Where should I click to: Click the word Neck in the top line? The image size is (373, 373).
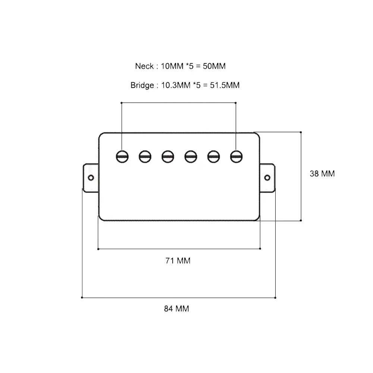[x=144, y=66]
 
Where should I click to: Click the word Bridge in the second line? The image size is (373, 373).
[x=142, y=85]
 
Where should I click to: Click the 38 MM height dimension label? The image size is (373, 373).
[x=322, y=174]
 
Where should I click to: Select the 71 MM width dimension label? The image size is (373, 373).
[x=178, y=261]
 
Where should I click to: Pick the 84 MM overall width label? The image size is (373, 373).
[x=176, y=309]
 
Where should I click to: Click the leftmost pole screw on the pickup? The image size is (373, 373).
[x=122, y=156]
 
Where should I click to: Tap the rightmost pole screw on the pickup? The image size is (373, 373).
[x=236, y=156]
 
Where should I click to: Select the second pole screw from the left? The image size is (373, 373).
[x=145, y=156]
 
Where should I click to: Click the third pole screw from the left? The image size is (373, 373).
[x=167, y=156]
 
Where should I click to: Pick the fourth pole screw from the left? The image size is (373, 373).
[x=191, y=156]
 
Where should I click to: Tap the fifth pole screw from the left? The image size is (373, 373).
[x=213, y=156]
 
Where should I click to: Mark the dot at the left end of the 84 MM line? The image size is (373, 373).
[x=82, y=298]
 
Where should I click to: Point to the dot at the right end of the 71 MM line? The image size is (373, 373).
[x=260, y=248]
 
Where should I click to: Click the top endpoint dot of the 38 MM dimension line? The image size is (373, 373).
[x=301, y=132]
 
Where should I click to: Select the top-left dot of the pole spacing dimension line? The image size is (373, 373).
[x=122, y=102]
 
